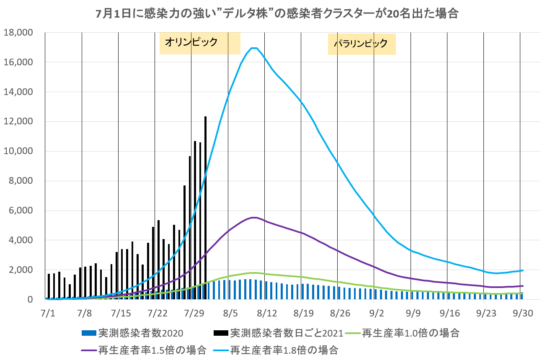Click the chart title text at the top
[x=276, y=14]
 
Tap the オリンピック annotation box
[x=200, y=43]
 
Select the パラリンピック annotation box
[x=362, y=44]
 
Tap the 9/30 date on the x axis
[x=519, y=314]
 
